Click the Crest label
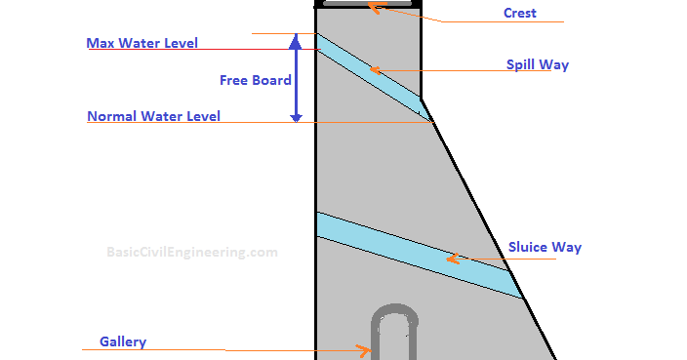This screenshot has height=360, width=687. (x=520, y=14)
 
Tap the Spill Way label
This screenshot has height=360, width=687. (x=537, y=65)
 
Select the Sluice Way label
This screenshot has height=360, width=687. (x=545, y=248)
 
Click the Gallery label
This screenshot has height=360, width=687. (x=123, y=342)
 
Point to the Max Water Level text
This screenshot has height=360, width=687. (x=142, y=44)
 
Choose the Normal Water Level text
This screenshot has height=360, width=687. (x=154, y=117)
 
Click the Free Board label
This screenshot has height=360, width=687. (x=255, y=80)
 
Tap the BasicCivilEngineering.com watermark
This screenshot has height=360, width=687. (x=192, y=252)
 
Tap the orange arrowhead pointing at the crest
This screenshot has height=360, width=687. (x=373, y=7)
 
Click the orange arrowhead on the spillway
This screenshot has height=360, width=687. (x=374, y=69)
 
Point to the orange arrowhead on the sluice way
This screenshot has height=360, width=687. (x=452, y=260)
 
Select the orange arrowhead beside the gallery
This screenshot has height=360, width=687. (x=365, y=350)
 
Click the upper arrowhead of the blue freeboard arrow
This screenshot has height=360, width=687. (x=296, y=39)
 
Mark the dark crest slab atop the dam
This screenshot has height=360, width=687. (x=368, y=4)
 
